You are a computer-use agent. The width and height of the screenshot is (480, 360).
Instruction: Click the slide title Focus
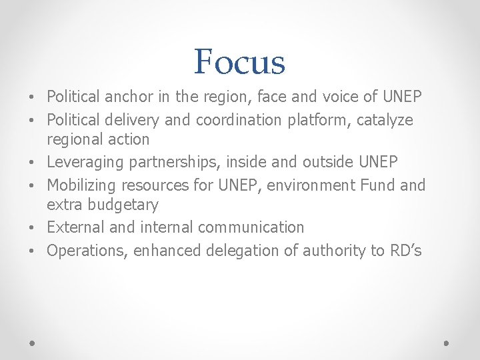click(239, 62)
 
